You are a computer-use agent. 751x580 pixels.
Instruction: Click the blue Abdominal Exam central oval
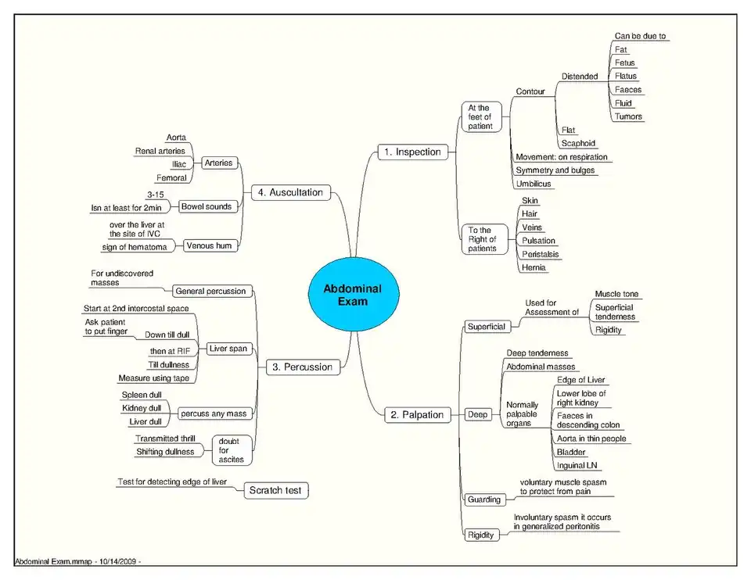point(354,295)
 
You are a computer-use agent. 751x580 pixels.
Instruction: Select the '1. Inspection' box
point(413,152)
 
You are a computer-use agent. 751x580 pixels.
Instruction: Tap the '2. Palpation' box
point(417,415)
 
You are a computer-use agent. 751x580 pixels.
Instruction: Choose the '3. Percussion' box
point(303,367)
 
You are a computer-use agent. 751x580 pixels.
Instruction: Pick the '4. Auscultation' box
point(291,192)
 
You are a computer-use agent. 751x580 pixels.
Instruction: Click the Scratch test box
point(276,491)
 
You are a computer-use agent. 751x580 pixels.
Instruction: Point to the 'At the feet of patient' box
point(481,116)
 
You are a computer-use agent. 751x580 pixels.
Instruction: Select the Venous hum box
point(210,246)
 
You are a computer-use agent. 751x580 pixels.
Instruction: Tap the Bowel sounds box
point(207,206)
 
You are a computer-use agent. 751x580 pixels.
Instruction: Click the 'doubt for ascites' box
point(232,450)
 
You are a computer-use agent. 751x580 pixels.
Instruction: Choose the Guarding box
point(484,499)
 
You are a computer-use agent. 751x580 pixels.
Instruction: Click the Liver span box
point(228,349)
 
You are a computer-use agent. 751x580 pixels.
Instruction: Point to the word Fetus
point(624,63)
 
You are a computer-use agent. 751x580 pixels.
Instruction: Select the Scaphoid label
point(578,143)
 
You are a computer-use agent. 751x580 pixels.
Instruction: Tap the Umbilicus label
point(534,184)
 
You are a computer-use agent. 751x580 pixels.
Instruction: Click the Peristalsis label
point(541,254)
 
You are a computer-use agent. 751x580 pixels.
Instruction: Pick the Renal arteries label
point(160,151)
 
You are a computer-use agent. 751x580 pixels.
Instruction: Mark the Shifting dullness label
point(165,452)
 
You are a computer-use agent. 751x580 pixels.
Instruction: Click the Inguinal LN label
point(577,465)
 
